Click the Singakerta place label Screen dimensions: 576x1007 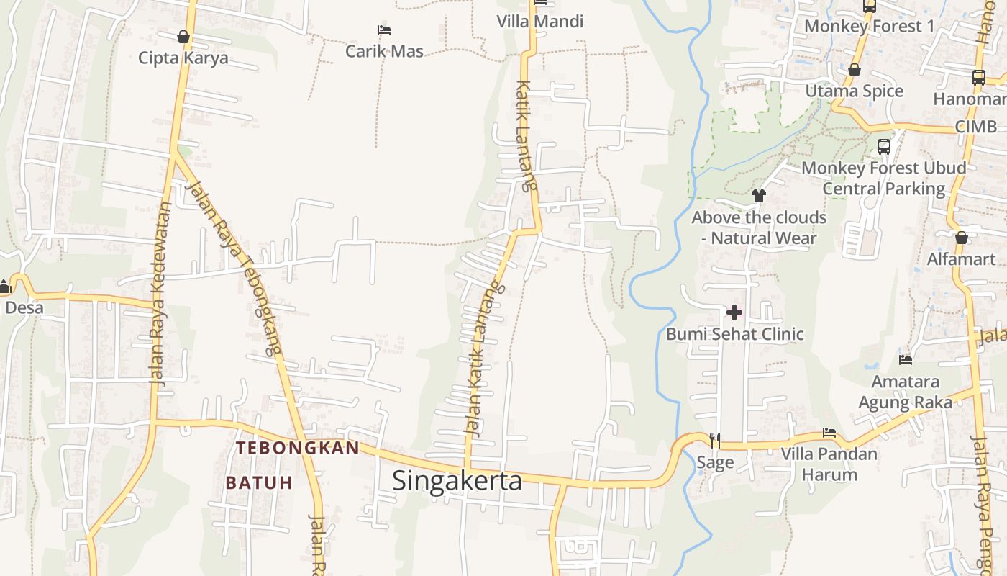tap(457, 480)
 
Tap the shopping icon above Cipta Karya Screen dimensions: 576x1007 tap(183, 37)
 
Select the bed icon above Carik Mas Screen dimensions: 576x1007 tap(384, 30)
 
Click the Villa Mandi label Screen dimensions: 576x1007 tap(539, 22)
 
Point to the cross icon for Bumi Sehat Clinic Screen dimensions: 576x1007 tap(734, 312)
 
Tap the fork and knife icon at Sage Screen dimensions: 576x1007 tap(714, 440)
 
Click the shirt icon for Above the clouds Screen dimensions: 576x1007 tap(758, 195)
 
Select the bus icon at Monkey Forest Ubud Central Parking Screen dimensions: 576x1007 tap(884, 147)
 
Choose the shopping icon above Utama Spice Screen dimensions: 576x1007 tap(855, 70)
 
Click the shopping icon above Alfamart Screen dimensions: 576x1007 tap(962, 238)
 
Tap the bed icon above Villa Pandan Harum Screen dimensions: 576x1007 tap(829, 433)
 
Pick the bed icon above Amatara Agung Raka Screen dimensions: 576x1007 tap(906, 359)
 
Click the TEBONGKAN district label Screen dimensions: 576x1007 tap(298, 448)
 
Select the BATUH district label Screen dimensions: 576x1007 tap(259, 482)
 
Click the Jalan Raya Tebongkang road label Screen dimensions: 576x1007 tap(233, 266)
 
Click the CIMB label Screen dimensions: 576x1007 tap(976, 127)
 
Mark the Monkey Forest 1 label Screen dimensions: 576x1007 tap(869, 27)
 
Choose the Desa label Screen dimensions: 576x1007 tap(24, 308)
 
